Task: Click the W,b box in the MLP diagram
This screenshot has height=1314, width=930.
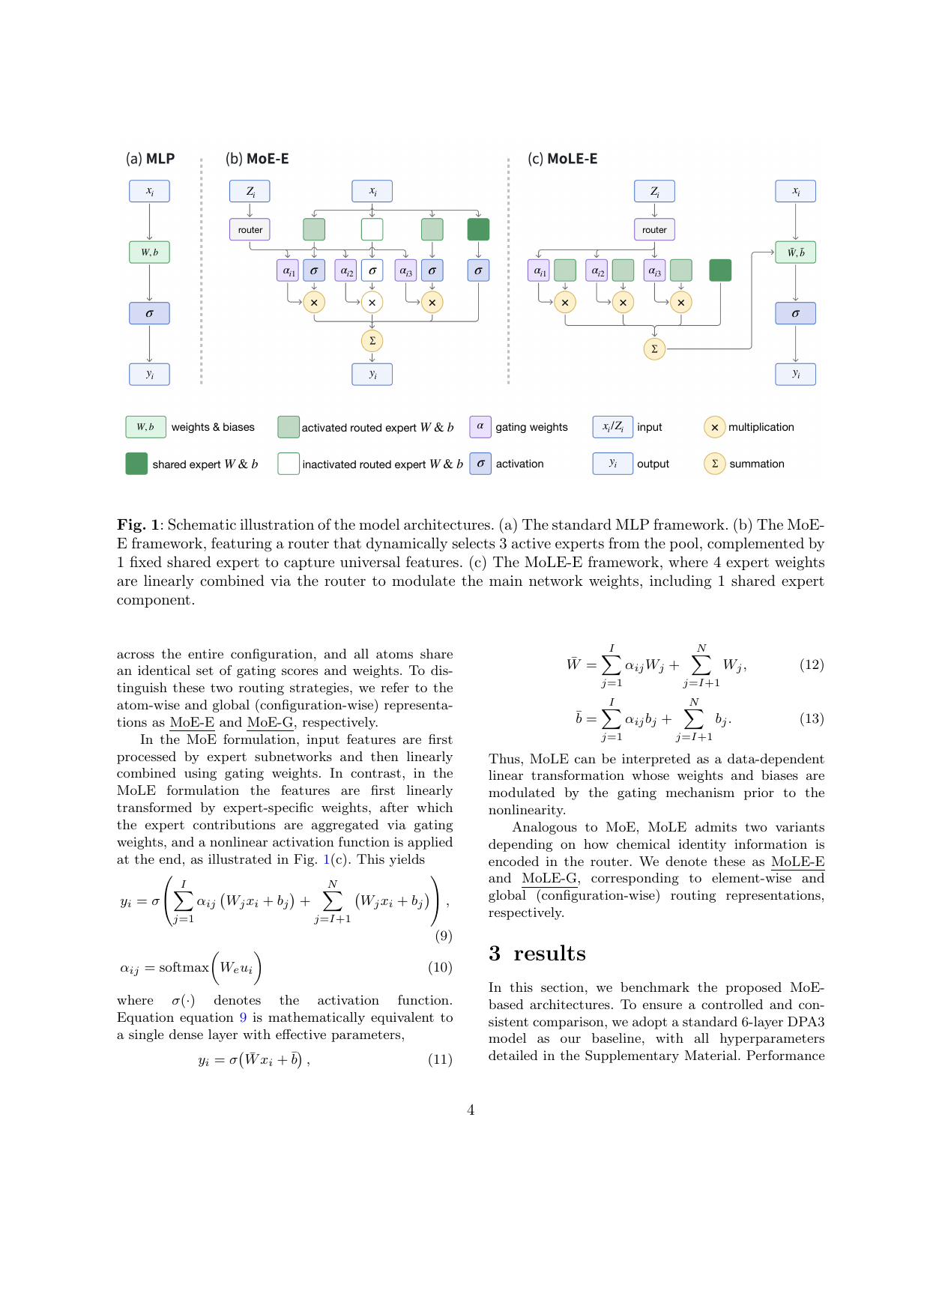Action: tap(149, 252)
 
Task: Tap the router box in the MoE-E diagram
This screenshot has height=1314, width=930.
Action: tap(250, 230)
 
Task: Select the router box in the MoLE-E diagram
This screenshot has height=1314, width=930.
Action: tap(654, 230)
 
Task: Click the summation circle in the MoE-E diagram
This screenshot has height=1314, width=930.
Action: tap(372, 341)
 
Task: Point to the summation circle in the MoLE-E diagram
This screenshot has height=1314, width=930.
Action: tap(654, 349)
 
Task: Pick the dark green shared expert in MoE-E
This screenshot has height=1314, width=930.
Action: tap(478, 229)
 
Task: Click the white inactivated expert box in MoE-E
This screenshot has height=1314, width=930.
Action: tap(372, 229)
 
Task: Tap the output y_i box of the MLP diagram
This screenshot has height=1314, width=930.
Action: tap(149, 375)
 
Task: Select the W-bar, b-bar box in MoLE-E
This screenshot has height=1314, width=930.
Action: tap(795, 252)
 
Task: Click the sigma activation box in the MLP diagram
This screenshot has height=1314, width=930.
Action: tap(149, 314)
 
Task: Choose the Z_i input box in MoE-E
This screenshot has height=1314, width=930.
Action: tap(250, 191)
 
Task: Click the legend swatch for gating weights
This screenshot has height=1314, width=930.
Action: tap(480, 426)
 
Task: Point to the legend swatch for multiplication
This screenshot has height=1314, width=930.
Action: tap(714, 427)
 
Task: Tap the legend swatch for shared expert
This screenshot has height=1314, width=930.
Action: tap(136, 464)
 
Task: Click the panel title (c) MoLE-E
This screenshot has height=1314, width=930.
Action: tap(563, 159)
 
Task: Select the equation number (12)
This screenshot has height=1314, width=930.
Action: tap(812, 664)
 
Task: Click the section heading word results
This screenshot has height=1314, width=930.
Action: tap(549, 953)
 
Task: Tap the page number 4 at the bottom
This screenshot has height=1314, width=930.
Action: tap(471, 1109)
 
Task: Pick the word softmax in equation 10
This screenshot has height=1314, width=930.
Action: tap(184, 967)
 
